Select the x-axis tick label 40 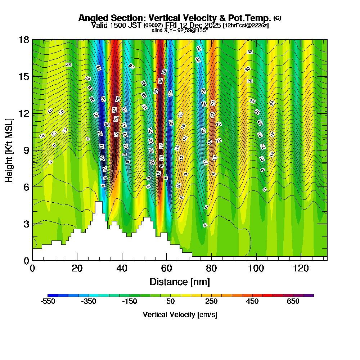[x=122, y=268]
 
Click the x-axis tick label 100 [x=256, y=268]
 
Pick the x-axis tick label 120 [x=301, y=268]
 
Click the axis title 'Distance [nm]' [x=180, y=282]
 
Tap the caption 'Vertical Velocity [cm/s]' [x=180, y=315]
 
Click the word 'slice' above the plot [x=157, y=30]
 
